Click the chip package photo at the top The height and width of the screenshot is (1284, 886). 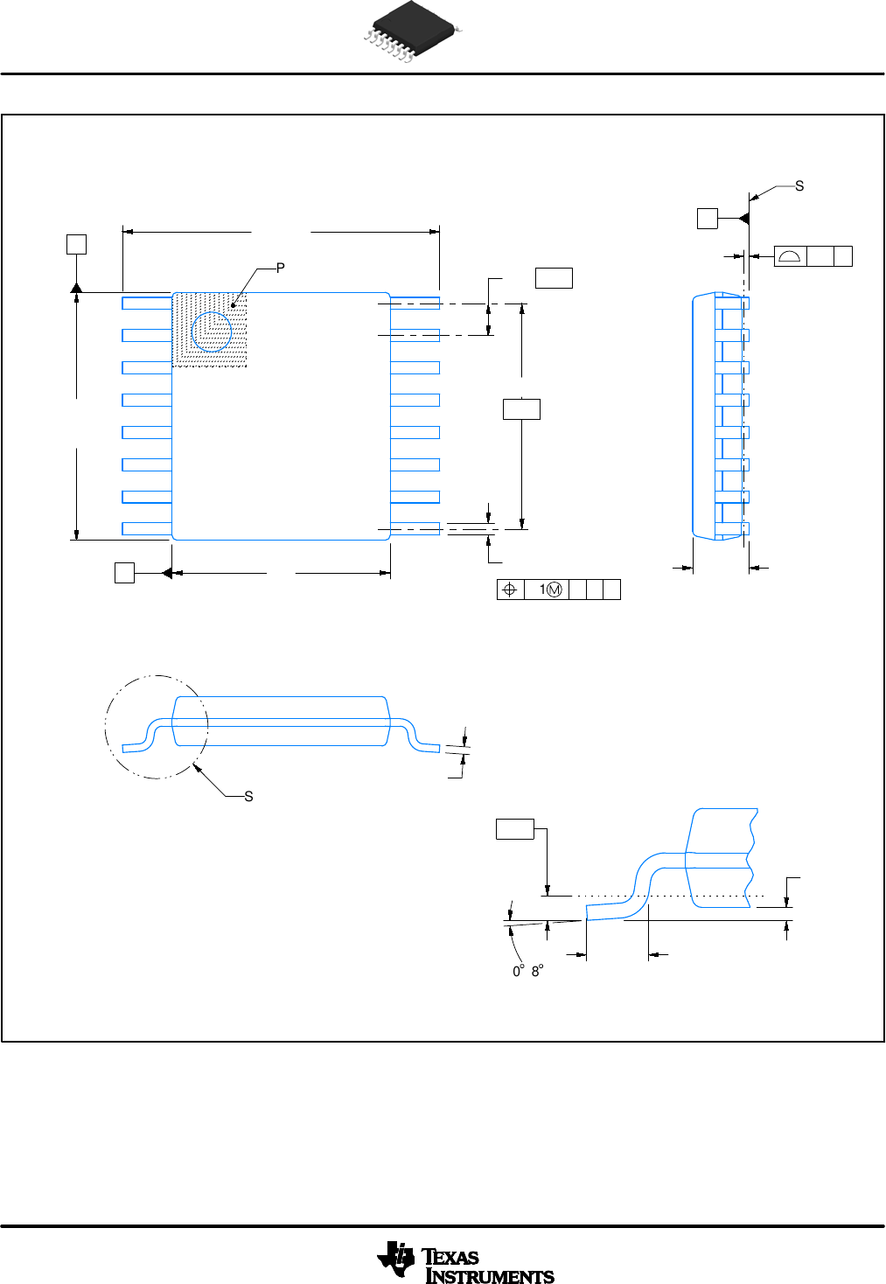[x=411, y=31]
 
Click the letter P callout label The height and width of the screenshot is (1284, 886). [x=280, y=269]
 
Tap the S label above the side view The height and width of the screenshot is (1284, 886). [x=799, y=186]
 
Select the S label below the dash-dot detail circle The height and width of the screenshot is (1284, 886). [x=248, y=796]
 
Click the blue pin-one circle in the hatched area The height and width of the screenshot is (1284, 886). [x=212, y=331]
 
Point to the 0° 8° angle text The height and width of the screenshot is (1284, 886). [x=528, y=971]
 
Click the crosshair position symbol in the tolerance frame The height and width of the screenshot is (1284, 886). [x=510, y=590]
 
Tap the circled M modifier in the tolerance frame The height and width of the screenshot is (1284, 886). [x=555, y=590]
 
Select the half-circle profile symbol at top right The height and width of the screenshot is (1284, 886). [x=790, y=256]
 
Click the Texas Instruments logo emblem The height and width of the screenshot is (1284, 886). [x=397, y=1260]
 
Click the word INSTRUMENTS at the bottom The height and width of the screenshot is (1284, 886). [x=490, y=1276]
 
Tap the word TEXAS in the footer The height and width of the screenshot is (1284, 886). [x=451, y=1257]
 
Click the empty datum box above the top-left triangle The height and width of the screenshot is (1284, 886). [x=77, y=244]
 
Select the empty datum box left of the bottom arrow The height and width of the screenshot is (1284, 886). [x=125, y=573]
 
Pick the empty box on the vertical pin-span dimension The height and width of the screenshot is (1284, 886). [x=521, y=408]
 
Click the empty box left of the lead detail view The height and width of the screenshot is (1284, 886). [x=515, y=829]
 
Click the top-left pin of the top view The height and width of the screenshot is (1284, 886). [x=146, y=303]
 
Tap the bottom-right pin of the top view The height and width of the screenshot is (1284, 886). [x=415, y=528]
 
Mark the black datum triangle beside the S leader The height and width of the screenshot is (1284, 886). [x=743, y=218]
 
